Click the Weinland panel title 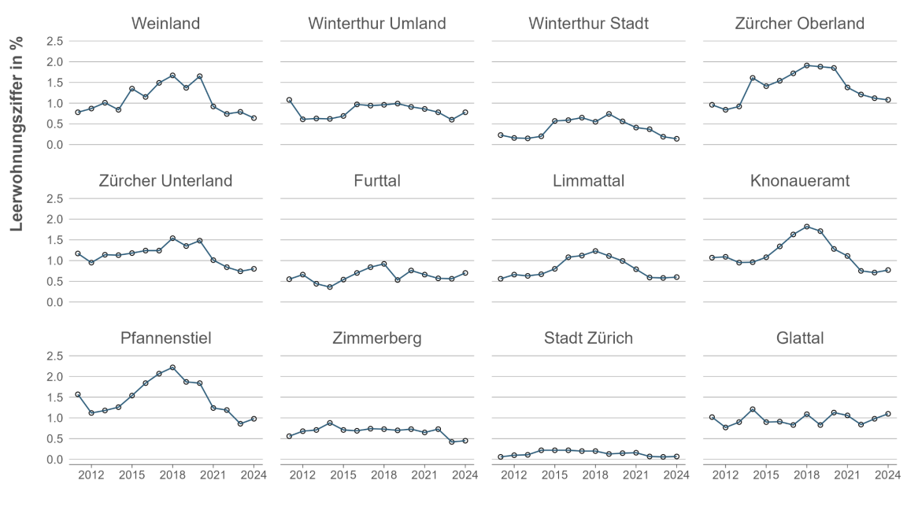165,24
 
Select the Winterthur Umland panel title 377,24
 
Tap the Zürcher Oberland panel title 800,24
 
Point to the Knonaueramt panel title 800,181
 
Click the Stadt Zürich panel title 588,338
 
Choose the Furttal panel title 377,181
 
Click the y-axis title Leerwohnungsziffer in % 17,133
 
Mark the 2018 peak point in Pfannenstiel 172,368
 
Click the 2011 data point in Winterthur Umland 289,100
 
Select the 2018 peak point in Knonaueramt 807,227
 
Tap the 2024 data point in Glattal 888,414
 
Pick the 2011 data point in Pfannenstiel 77,394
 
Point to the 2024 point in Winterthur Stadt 676,139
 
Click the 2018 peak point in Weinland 172,76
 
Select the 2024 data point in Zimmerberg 465,441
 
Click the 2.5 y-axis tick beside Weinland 54,41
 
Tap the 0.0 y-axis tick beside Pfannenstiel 54,460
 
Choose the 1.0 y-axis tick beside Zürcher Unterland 54,261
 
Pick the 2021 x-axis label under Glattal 847,474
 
